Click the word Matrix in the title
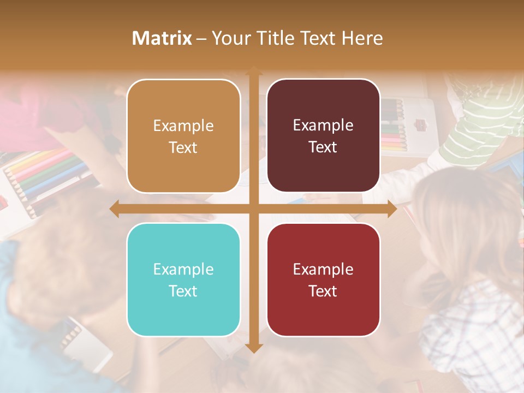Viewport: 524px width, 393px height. click(x=162, y=38)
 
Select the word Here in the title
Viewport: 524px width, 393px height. click(x=362, y=38)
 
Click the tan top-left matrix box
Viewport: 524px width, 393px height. click(x=183, y=136)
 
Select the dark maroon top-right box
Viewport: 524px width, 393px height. click(x=323, y=136)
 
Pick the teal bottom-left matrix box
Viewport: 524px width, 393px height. click(x=183, y=279)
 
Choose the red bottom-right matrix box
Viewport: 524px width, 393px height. click(x=323, y=279)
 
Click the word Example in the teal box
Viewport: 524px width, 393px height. click(x=183, y=269)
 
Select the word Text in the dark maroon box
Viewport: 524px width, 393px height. click(x=323, y=147)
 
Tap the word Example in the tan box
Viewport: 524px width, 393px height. click(x=183, y=126)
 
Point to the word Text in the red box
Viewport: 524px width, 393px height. click(x=323, y=291)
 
